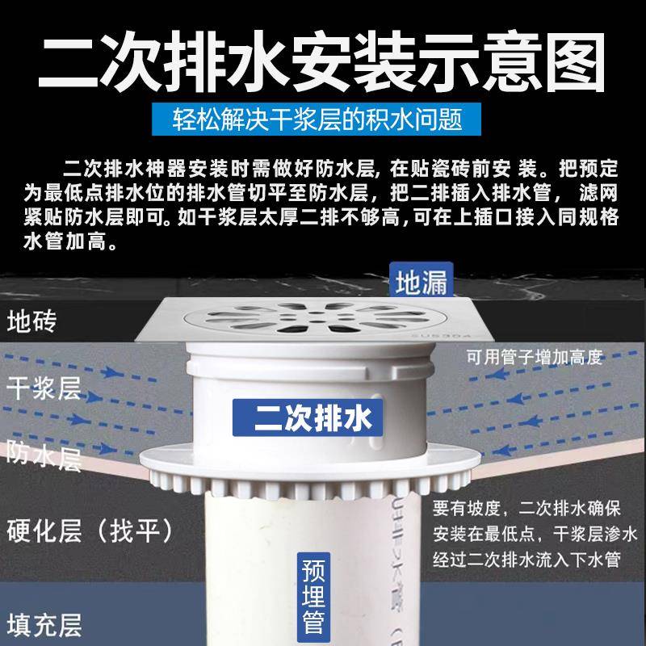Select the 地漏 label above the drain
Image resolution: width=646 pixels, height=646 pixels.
point(421,283)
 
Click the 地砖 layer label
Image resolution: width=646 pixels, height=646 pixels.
point(31,321)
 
